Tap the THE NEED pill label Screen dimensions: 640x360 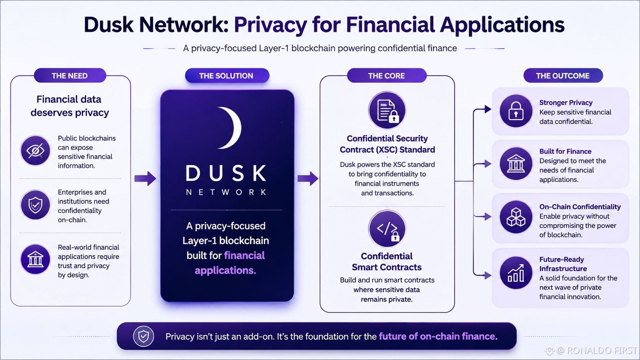click(x=70, y=76)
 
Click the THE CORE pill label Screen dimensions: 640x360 click(x=387, y=76)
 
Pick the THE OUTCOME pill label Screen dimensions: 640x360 click(x=563, y=76)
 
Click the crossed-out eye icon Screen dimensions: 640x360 click(x=36, y=150)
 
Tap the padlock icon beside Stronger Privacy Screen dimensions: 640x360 click(x=516, y=111)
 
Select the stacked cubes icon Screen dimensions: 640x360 click(x=516, y=217)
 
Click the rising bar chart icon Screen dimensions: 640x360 click(x=516, y=273)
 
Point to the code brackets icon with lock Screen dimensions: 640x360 click(x=387, y=228)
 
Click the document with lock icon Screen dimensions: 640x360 click(x=387, y=110)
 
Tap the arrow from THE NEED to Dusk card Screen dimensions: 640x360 click(x=145, y=178)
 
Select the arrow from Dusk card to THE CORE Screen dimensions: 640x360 click(x=308, y=178)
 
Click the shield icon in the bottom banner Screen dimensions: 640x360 click(x=144, y=336)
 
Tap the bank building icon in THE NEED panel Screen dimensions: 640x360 click(x=36, y=259)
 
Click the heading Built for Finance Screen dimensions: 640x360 click(x=565, y=151)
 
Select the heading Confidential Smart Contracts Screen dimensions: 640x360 click(x=387, y=262)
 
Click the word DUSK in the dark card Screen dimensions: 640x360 click(x=226, y=173)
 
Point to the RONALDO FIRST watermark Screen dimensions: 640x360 click(x=591, y=350)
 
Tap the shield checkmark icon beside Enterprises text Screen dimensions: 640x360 click(x=36, y=205)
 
